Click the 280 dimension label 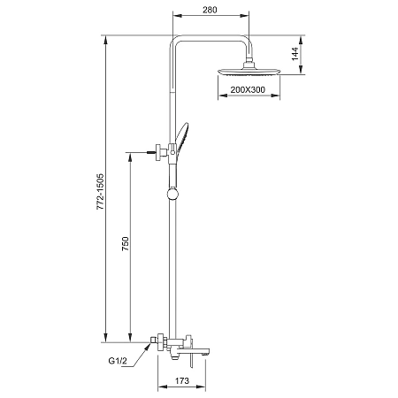pyautogui.click(x=210, y=10)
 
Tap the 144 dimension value pyautogui.click(x=295, y=54)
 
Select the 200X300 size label pyautogui.click(x=248, y=89)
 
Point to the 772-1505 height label pyautogui.click(x=101, y=192)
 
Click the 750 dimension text pyautogui.click(x=126, y=243)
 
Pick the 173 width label pyautogui.click(x=182, y=380)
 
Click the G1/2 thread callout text pyautogui.click(x=118, y=361)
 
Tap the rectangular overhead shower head pyautogui.click(x=249, y=72)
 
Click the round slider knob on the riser pyautogui.click(x=172, y=195)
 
